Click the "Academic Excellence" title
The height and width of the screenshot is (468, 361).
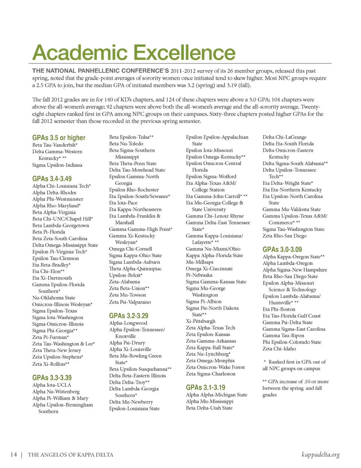(x=134, y=52)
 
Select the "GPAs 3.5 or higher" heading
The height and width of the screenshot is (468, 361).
(x=59, y=138)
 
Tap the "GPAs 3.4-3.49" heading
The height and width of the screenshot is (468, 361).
(x=52, y=179)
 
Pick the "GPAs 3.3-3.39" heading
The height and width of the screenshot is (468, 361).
(x=52, y=377)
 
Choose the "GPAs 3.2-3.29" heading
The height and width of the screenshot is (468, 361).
(x=129, y=315)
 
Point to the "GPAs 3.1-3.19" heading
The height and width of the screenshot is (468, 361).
(x=205, y=387)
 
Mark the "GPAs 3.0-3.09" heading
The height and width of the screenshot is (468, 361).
(x=282, y=249)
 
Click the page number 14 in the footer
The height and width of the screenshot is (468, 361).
(x=14, y=454)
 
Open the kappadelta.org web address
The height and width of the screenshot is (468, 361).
(x=320, y=454)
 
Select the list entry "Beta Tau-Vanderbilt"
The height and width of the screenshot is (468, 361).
(x=55, y=145)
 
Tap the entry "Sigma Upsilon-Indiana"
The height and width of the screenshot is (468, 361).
(x=57, y=165)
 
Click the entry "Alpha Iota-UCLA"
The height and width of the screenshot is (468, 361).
(x=52, y=385)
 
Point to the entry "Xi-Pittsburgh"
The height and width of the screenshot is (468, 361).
(x=200, y=321)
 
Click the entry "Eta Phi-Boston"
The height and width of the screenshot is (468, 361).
(x=279, y=309)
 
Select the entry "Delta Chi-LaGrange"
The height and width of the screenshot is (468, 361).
(x=284, y=137)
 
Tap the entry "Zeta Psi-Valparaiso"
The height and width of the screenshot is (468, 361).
(x=130, y=302)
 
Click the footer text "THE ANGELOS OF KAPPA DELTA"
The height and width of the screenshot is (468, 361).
(x=70, y=455)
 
